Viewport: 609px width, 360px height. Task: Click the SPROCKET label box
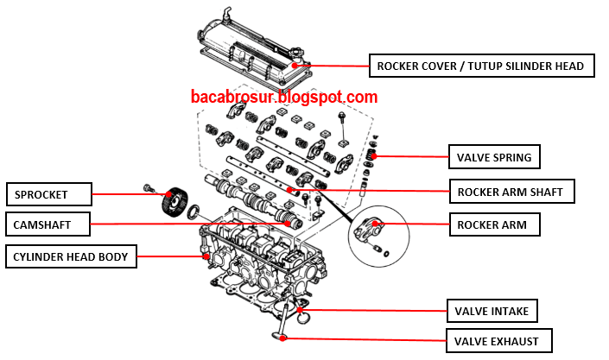pos(49,194)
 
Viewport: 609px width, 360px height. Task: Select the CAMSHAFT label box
pos(48,224)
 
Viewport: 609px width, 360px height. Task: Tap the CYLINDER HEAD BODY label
pos(71,256)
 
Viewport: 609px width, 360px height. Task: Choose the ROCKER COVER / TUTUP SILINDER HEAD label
pos(482,66)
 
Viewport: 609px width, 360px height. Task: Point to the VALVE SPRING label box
pos(494,157)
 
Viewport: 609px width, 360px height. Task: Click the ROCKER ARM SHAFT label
pos(512,191)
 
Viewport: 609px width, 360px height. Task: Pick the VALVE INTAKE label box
pos(492,311)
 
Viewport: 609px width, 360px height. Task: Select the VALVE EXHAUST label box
pos(498,341)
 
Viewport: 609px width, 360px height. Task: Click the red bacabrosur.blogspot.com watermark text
pos(284,97)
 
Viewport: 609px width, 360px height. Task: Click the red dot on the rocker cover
pos(295,66)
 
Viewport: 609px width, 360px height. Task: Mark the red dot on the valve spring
pos(374,156)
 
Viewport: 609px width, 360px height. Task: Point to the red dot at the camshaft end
pos(288,224)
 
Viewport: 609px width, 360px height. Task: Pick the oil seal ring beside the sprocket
pos(193,211)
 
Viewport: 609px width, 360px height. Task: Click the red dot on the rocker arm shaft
pos(289,190)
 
